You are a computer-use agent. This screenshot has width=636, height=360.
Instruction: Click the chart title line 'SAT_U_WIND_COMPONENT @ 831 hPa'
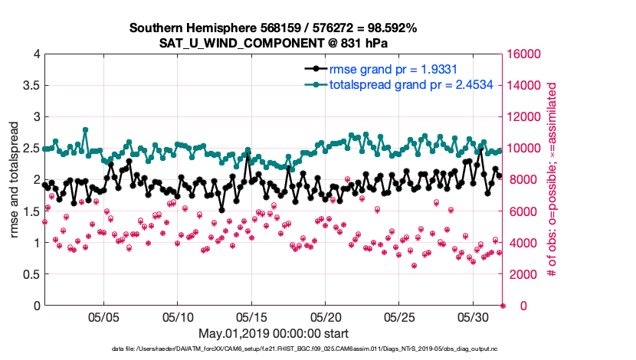[x=274, y=43]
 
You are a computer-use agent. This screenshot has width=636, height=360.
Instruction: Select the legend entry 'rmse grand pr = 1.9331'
[x=385, y=69]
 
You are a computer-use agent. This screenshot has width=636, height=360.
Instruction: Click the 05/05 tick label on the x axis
[x=103, y=316]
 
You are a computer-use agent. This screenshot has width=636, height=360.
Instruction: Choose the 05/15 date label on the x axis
[x=251, y=316]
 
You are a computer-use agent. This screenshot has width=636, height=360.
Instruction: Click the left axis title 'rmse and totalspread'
[x=15, y=180]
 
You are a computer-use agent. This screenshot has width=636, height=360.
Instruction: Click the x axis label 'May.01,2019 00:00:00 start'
[x=274, y=333]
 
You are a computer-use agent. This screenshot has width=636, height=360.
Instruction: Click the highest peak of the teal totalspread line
[x=85, y=130]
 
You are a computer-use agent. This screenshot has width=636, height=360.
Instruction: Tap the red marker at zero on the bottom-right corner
[x=503, y=306]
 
